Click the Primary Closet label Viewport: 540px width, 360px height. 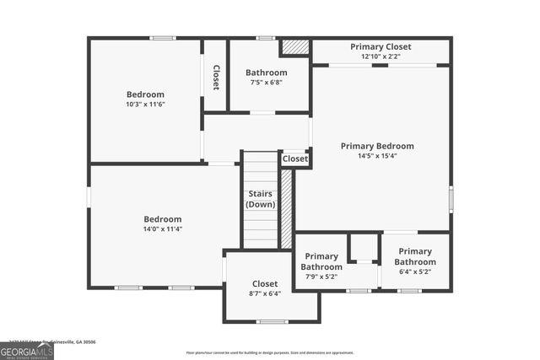381,46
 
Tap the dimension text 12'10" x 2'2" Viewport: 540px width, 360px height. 381,56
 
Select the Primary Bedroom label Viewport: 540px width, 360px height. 377,146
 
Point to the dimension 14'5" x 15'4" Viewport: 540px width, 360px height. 377,156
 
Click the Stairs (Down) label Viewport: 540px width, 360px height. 260,199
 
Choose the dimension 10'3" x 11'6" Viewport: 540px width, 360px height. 145,105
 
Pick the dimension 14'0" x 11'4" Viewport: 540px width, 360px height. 162,228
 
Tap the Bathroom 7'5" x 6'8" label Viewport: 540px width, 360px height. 266,73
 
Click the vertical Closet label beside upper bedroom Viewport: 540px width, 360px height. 216,78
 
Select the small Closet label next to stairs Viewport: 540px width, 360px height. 295,159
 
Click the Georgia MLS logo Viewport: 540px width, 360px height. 27,350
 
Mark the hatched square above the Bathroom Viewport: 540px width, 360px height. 294,47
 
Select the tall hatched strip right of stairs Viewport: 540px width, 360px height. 286,208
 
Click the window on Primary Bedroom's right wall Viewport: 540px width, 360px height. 451,199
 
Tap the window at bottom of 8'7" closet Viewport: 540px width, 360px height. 272,321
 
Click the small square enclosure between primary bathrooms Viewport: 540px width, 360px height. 363,248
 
